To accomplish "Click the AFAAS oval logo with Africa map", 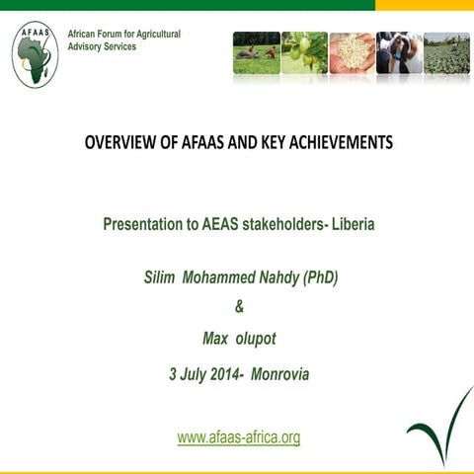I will [x=35, y=53].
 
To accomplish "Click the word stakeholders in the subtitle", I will [x=283, y=224].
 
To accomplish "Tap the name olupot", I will [x=255, y=339].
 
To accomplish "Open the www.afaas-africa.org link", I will [x=238, y=436].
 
